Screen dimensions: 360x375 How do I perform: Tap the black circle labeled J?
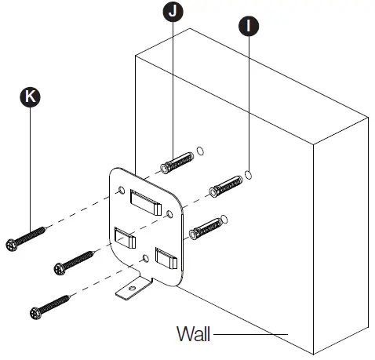click(x=171, y=12)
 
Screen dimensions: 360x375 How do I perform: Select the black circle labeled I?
click(x=247, y=25)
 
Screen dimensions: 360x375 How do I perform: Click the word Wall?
click(x=193, y=333)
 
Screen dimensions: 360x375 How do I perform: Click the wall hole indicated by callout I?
click(x=249, y=173)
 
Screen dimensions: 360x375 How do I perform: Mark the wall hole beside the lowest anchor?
click(x=224, y=216)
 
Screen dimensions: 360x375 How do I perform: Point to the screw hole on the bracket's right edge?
click(x=172, y=213)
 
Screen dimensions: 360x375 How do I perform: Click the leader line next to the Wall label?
click(x=251, y=334)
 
